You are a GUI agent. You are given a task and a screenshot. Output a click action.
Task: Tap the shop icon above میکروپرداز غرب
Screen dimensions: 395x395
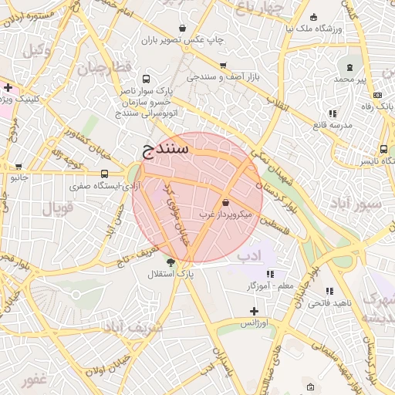tap(225, 202)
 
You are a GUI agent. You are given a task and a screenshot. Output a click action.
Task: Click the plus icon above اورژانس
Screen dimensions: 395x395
tap(254, 311)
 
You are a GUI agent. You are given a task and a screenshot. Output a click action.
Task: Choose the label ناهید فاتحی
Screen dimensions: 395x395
tap(329, 303)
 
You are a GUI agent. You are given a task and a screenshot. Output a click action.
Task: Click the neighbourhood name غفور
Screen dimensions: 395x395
tap(36, 380)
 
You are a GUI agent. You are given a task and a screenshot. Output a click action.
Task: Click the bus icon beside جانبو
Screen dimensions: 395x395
tap(18, 165)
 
